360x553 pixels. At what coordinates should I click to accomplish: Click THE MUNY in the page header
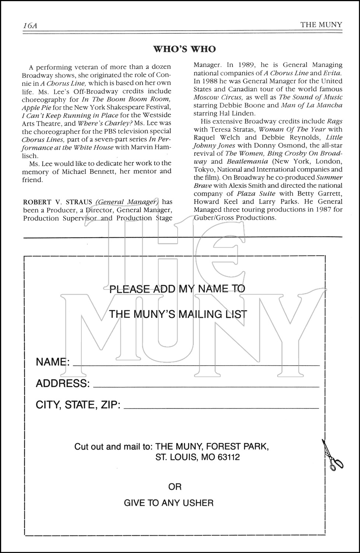(x=321, y=25)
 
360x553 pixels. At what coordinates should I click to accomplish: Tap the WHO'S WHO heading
(x=184, y=49)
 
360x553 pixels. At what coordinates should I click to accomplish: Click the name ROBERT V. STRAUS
(x=58, y=202)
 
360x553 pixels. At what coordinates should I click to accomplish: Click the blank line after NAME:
(x=196, y=364)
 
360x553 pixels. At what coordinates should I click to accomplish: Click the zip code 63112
(x=227, y=458)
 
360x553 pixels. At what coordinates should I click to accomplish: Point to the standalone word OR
(x=175, y=487)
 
